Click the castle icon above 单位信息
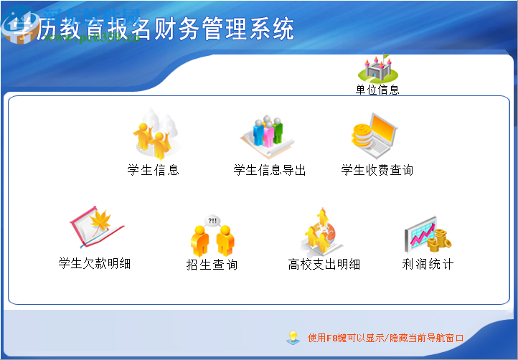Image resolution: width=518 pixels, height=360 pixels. [377, 67]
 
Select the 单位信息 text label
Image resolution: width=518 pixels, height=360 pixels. [377, 90]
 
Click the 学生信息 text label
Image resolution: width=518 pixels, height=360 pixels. [153, 171]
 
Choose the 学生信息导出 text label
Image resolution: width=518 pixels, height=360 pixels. [270, 171]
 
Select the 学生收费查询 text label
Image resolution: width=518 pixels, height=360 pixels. [377, 171]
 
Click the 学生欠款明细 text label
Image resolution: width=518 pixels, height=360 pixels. [95, 264]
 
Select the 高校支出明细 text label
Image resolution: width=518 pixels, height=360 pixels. [324, 265]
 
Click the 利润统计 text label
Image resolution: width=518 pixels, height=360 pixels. [428, 265]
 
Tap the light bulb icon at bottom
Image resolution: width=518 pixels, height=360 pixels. [292, 337]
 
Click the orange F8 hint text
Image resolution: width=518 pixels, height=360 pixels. [386, 338]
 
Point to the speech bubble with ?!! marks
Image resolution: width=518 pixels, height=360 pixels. [213, 221]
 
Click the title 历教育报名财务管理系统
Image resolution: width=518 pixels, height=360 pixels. [165, 29]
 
